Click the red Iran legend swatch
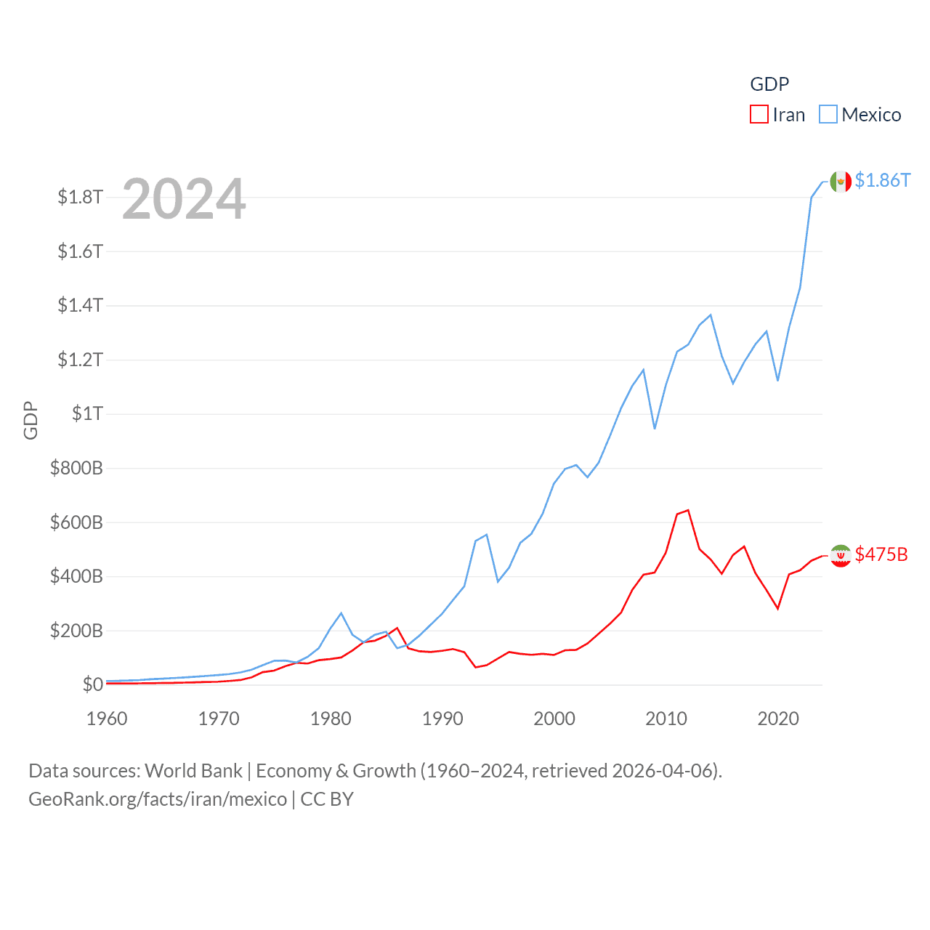point(759,115)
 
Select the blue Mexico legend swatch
point(828,115)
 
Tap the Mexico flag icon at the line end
point(841,182)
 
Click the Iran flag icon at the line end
point(841,556)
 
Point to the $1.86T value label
point(882,180)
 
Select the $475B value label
point(881,554)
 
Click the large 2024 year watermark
point(184,199)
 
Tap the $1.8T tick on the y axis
point(80,198)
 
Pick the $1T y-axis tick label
point(87,414)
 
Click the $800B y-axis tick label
point(76,468)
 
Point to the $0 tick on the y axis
point(92,684)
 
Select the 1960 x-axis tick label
point(107,719)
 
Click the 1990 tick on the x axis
point(442,719)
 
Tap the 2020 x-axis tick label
point(778,719)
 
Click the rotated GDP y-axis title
point(31,420)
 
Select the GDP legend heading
point(769,84)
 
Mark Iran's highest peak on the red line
point(687,510)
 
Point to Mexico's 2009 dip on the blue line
point(655,429)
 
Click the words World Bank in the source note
point(193,771)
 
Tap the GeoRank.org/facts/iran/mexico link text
point(158,799)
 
